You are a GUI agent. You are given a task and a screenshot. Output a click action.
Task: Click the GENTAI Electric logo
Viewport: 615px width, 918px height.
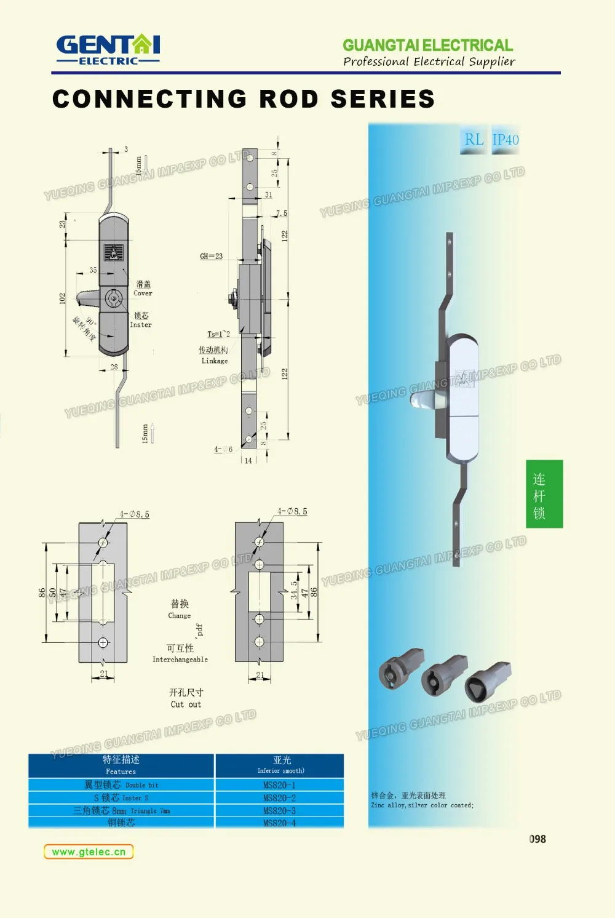point(108,49)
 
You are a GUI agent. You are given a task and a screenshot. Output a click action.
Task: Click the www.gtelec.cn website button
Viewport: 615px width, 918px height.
point(89,852)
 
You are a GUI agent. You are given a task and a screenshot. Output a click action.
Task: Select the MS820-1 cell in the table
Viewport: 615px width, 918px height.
point(279,785)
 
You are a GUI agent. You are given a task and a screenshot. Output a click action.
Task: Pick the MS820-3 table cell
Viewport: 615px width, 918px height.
point(279,811)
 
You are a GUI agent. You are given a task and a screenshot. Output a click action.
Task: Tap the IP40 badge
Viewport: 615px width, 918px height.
point(506,140)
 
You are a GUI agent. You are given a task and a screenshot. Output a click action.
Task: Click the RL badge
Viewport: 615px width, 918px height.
point(474,140)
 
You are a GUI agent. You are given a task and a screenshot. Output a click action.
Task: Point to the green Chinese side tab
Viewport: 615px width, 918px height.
point(544,493)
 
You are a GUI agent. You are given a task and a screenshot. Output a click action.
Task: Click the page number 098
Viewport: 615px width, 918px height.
point(538,839)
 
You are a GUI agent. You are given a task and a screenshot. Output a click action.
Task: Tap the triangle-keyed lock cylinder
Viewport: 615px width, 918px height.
point(488,679)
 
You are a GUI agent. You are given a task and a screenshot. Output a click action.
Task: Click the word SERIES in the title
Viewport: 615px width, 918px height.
point(383,99)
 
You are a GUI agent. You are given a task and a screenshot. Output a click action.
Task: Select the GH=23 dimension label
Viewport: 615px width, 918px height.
point(211,256)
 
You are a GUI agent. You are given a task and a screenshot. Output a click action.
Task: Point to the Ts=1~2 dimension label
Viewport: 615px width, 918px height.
point(218,334)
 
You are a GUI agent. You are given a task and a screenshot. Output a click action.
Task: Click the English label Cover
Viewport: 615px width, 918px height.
point(143,293)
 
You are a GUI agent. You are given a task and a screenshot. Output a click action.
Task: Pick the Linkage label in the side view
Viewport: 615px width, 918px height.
point(215,361)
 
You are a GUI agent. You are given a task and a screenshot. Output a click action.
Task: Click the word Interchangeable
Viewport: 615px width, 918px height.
point(180,660)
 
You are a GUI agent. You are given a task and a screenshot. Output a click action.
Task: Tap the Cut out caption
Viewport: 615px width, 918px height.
point(186,704)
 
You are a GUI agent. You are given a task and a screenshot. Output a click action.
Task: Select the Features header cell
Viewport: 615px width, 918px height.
point(121,765)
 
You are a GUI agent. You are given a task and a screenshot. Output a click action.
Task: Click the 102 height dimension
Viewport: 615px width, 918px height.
point(62,298)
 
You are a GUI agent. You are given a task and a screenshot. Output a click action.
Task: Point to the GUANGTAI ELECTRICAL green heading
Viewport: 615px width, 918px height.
point(427,46)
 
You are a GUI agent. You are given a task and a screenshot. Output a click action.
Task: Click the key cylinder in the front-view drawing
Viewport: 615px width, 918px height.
point(113,299)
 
